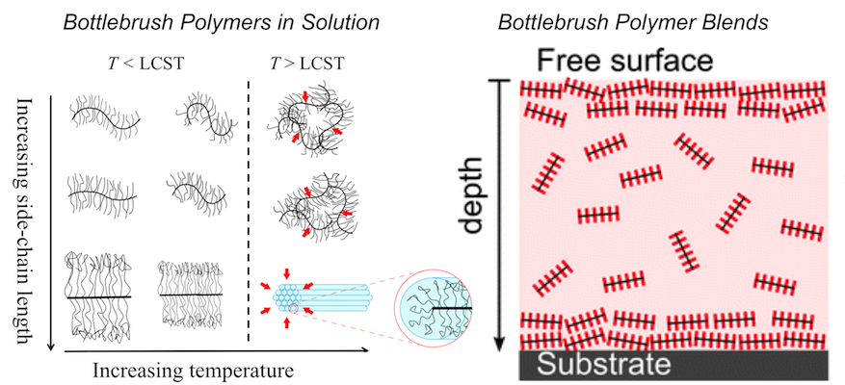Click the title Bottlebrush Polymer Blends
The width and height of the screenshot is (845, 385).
tap(648, 19)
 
